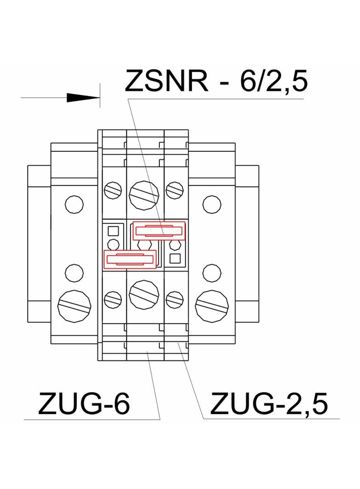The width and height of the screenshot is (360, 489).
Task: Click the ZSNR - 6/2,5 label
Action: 216,82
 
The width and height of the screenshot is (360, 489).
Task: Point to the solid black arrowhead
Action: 83,98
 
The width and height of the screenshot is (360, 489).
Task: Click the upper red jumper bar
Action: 159,231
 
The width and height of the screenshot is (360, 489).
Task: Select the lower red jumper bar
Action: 129,260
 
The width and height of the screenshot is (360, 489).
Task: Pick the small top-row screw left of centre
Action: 113,189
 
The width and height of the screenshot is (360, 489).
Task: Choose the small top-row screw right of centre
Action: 174,189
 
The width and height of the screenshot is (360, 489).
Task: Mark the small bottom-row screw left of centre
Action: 113,300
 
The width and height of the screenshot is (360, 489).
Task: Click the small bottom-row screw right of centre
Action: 174,300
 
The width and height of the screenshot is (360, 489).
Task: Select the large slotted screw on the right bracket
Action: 212,305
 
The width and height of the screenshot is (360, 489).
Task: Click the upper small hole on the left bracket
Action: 73,204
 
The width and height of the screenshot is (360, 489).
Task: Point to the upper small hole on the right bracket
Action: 211,204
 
